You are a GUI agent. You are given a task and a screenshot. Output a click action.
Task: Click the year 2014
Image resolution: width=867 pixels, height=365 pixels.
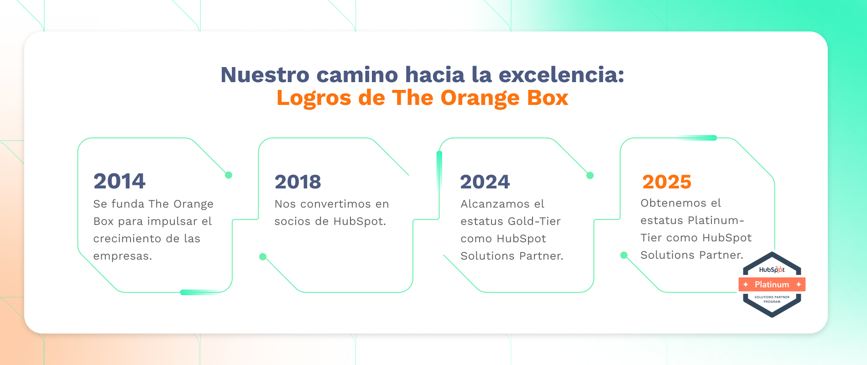coord(120,181)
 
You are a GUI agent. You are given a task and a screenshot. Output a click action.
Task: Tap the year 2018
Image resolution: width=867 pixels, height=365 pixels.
coord(298,182)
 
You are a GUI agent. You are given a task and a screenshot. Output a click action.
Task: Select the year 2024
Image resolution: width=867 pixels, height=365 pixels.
coord(485,182)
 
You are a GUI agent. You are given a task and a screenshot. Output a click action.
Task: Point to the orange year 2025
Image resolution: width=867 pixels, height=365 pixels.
coord(667,182)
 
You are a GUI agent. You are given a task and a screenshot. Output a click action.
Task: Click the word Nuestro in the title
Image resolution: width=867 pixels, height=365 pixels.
coord(265,75)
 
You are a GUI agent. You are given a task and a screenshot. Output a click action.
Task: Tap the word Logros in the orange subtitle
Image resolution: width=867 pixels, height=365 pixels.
coord(314,98)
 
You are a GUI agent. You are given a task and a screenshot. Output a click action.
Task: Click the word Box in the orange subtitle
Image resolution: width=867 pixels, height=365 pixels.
coord(548,98)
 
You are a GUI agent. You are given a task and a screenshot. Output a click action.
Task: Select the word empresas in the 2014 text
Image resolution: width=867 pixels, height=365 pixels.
coord(122,256)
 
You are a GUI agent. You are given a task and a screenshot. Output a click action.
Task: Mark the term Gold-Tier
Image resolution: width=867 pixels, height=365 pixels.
coord(534,221)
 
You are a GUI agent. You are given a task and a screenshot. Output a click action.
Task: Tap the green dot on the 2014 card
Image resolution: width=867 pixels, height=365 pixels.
coord(229,175)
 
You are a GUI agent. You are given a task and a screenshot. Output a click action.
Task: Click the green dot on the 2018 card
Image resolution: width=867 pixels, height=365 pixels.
coord(263,257)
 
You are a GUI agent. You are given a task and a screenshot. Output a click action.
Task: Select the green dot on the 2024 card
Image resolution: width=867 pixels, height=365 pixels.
coord(590,176)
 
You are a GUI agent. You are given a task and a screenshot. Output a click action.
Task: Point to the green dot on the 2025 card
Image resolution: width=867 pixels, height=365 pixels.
coord(624,255)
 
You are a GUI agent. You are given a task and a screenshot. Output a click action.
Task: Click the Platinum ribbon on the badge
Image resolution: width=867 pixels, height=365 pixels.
coord(772,285)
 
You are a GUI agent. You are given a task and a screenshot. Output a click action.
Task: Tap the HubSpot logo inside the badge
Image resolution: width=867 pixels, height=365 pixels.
coord(772,270)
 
